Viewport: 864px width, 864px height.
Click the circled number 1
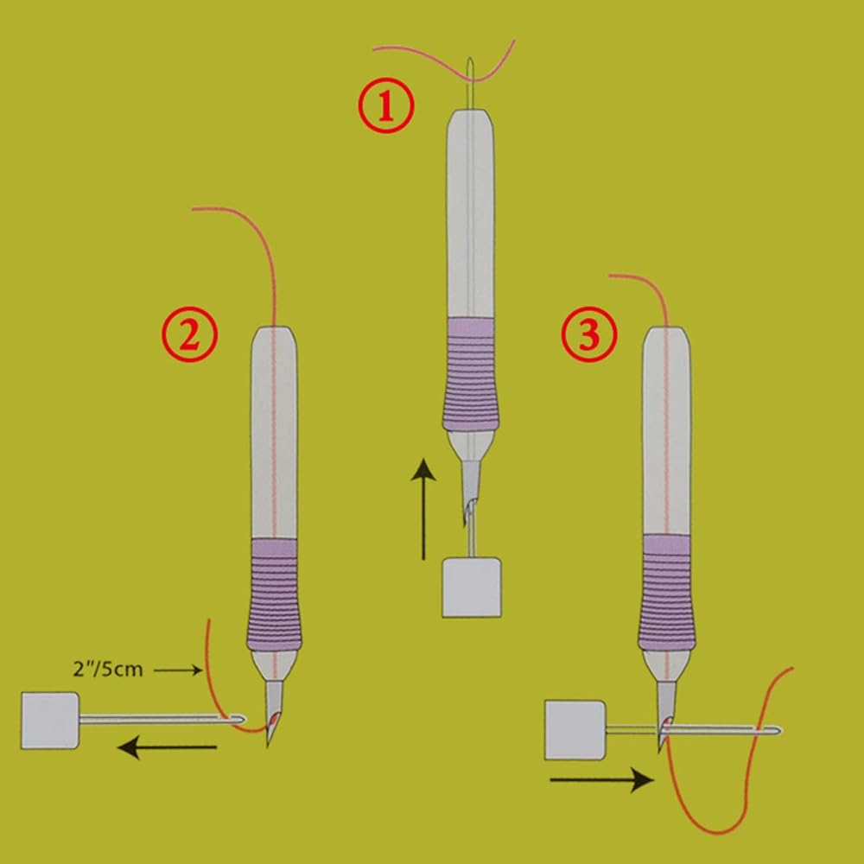[x=386, y=106]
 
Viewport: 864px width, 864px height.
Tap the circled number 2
[x=189, y=334]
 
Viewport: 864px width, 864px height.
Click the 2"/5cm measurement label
[x=109, y=668]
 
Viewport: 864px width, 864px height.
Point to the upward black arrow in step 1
[x=423, y=510]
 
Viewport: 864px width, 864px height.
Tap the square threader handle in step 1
[x=471, y=587]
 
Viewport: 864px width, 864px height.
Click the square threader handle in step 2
[x=49, y=720]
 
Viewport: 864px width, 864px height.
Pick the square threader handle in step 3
[x=574, y=731]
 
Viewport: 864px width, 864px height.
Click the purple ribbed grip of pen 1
[x=471, y=376]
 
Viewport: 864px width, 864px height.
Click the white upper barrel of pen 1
[x=471, y=216]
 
